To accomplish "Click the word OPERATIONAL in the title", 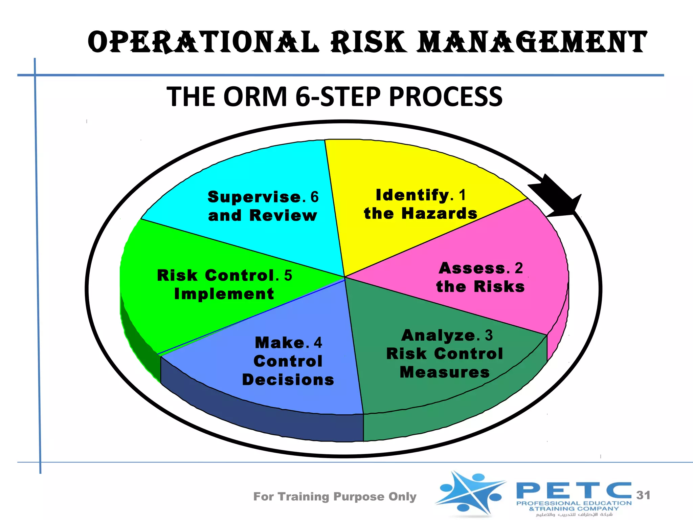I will click(x=203, y=42).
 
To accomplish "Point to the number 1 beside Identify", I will click(x=462, y=195).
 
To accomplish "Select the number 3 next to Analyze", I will click(x=489, y=335).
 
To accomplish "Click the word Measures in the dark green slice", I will click(x=445, y=372).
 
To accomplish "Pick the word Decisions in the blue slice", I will click(x=288, y=380).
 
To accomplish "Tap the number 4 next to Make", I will click(x=317, y=343).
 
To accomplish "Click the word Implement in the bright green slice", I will click(x=224, y=294).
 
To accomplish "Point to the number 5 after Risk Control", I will click(x=288, y=276).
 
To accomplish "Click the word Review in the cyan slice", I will click(x=283, y=215).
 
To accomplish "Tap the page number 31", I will click(x=643, y=495).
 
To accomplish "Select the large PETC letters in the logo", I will click(x=574, y=491).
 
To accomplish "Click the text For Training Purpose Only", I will click(x=335, y=497).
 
